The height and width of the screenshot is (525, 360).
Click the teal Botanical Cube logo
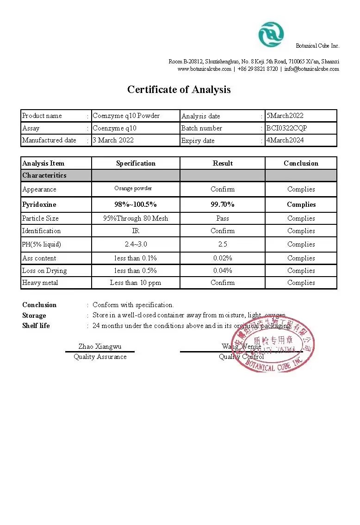pyautogui.click(x=271, y=35)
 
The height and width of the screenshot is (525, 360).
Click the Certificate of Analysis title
pyautogui.click(x=179, y=89)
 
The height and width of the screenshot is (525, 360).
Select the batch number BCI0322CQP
pyautogui.click(x=286, y=128)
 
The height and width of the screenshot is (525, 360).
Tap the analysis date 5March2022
pyautogui.click(x=285, y=116)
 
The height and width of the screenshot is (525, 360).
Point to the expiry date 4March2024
pyautogui.click(x=285, y=140)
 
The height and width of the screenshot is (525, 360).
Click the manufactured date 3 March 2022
pyautogui.click(x=113, y=140)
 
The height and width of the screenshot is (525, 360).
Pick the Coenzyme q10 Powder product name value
pyautogui.click(x=126, y=116)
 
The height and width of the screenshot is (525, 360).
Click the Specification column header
pyautogui.click(x=136, y=163)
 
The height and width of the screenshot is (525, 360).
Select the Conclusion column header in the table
pyautogui.click(x=301, y=163)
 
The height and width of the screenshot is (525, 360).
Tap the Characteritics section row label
pyautogui.click(x=44, y=175)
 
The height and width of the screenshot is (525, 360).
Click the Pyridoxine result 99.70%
pyautogui.click(x=223, y=204)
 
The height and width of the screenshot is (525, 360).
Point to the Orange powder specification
pyautogui.click(x=133, y=188)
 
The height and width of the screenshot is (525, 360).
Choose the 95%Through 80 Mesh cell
pyautogui.click(x=136, y=218)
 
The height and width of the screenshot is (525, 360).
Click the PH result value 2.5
pyautogui.click(x=223, y=244)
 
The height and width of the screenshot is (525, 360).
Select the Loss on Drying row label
pyautogui.click(x=44, y=271)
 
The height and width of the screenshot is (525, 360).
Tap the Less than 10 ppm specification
pyautogui.click(x=136, y=283)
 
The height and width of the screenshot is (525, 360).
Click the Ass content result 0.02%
pyautogui.click(x=223, y=258)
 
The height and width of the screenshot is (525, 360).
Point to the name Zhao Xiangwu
pyautogui.click(x=100, y=346)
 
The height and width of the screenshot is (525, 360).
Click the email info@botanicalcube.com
pyautogui.click(x=311, y=69)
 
